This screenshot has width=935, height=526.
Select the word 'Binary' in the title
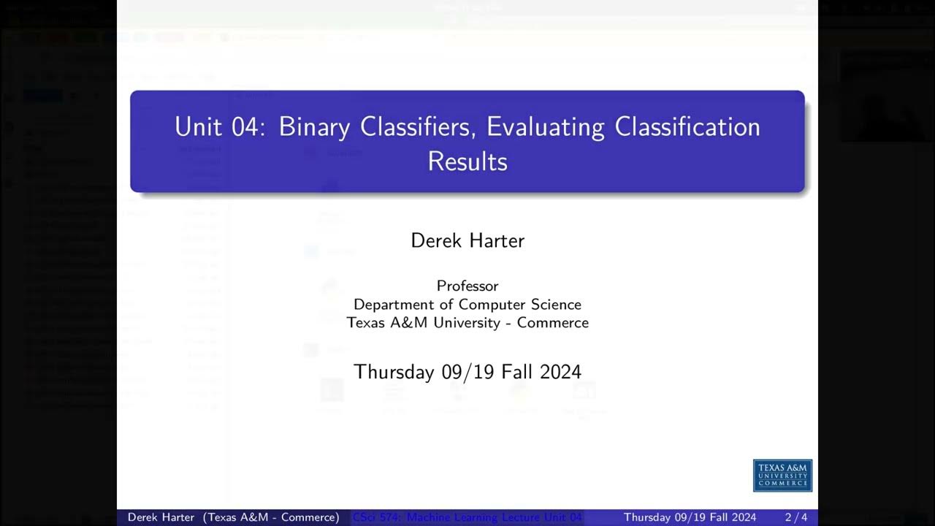pyautogui.click(x=315, y=127)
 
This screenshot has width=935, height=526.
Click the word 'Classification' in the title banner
pyautogui.click(x=687, y=127)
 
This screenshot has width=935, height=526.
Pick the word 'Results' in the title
pyautogui.click(x=467, y=161)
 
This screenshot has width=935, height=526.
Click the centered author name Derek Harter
pyautogui.click(x=467, y=240)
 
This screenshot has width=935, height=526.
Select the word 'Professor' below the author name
pyautogui.click(x=467, y=286)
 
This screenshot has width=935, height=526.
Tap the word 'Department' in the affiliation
pyautogui.click(x=392, y=305)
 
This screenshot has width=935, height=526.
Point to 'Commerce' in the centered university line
pyautogui.click(x=553, y=323)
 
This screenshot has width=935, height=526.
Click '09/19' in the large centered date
pyautogui.click(x=469, y=372)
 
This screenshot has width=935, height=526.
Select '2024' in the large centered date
pyautogui.click(x=560, y=372)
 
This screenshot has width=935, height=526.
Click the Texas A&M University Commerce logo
pyautogui.click(x=782, y=476)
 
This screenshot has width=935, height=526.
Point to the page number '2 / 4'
pyautogui.click(x=796, y=517)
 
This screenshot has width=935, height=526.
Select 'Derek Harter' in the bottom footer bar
pyautogui.click(x=161, y=517)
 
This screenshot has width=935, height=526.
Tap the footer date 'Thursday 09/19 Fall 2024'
pyautogui.click(x=690, y=517)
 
